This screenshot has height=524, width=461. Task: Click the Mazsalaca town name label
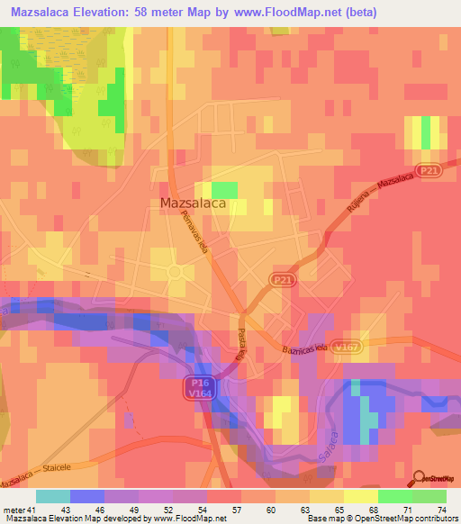click(192, 203)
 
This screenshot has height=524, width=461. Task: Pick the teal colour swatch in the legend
click(53, 496)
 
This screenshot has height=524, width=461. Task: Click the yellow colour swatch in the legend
click(361, 496)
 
